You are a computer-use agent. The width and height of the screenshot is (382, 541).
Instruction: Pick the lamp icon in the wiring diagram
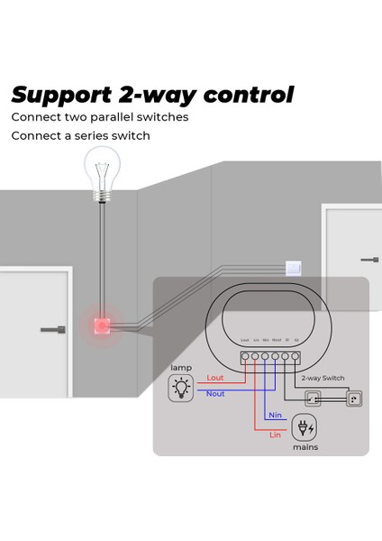click(x=182, y=389)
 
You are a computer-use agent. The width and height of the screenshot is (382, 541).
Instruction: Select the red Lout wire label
click(x=214, y=378)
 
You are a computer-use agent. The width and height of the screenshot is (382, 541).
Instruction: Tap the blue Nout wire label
click(x=215, y=394)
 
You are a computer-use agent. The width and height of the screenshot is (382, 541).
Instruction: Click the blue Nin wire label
click(x=275, y=415)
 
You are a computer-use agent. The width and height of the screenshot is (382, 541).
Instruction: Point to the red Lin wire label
click(x=275, y=435)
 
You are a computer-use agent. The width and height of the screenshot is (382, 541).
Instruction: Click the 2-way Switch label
click(x=323, y=378)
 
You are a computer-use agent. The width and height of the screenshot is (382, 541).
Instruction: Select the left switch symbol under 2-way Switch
click(x=313, y=397)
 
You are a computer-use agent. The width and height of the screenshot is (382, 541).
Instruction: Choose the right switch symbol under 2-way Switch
click(x=352, y=397)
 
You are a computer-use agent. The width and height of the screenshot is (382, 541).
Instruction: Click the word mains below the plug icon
click(x=304, y=446)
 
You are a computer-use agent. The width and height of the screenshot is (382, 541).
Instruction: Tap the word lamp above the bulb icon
click(x=181, y=368)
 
